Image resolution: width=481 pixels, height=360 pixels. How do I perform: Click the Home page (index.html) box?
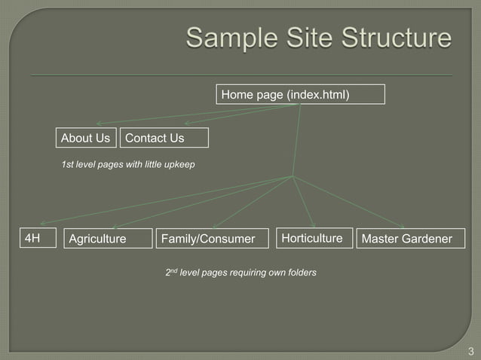[x=301, y=94]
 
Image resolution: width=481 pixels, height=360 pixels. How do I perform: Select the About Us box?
[x=86, y=139]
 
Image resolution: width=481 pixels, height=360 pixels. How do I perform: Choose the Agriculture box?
[x=109, y=239]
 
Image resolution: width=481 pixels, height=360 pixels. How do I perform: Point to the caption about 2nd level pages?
[x=240, y=272]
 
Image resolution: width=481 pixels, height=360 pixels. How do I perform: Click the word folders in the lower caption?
[x=299, y=272]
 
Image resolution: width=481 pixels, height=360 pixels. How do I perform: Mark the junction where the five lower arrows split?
[x=293, y=177]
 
